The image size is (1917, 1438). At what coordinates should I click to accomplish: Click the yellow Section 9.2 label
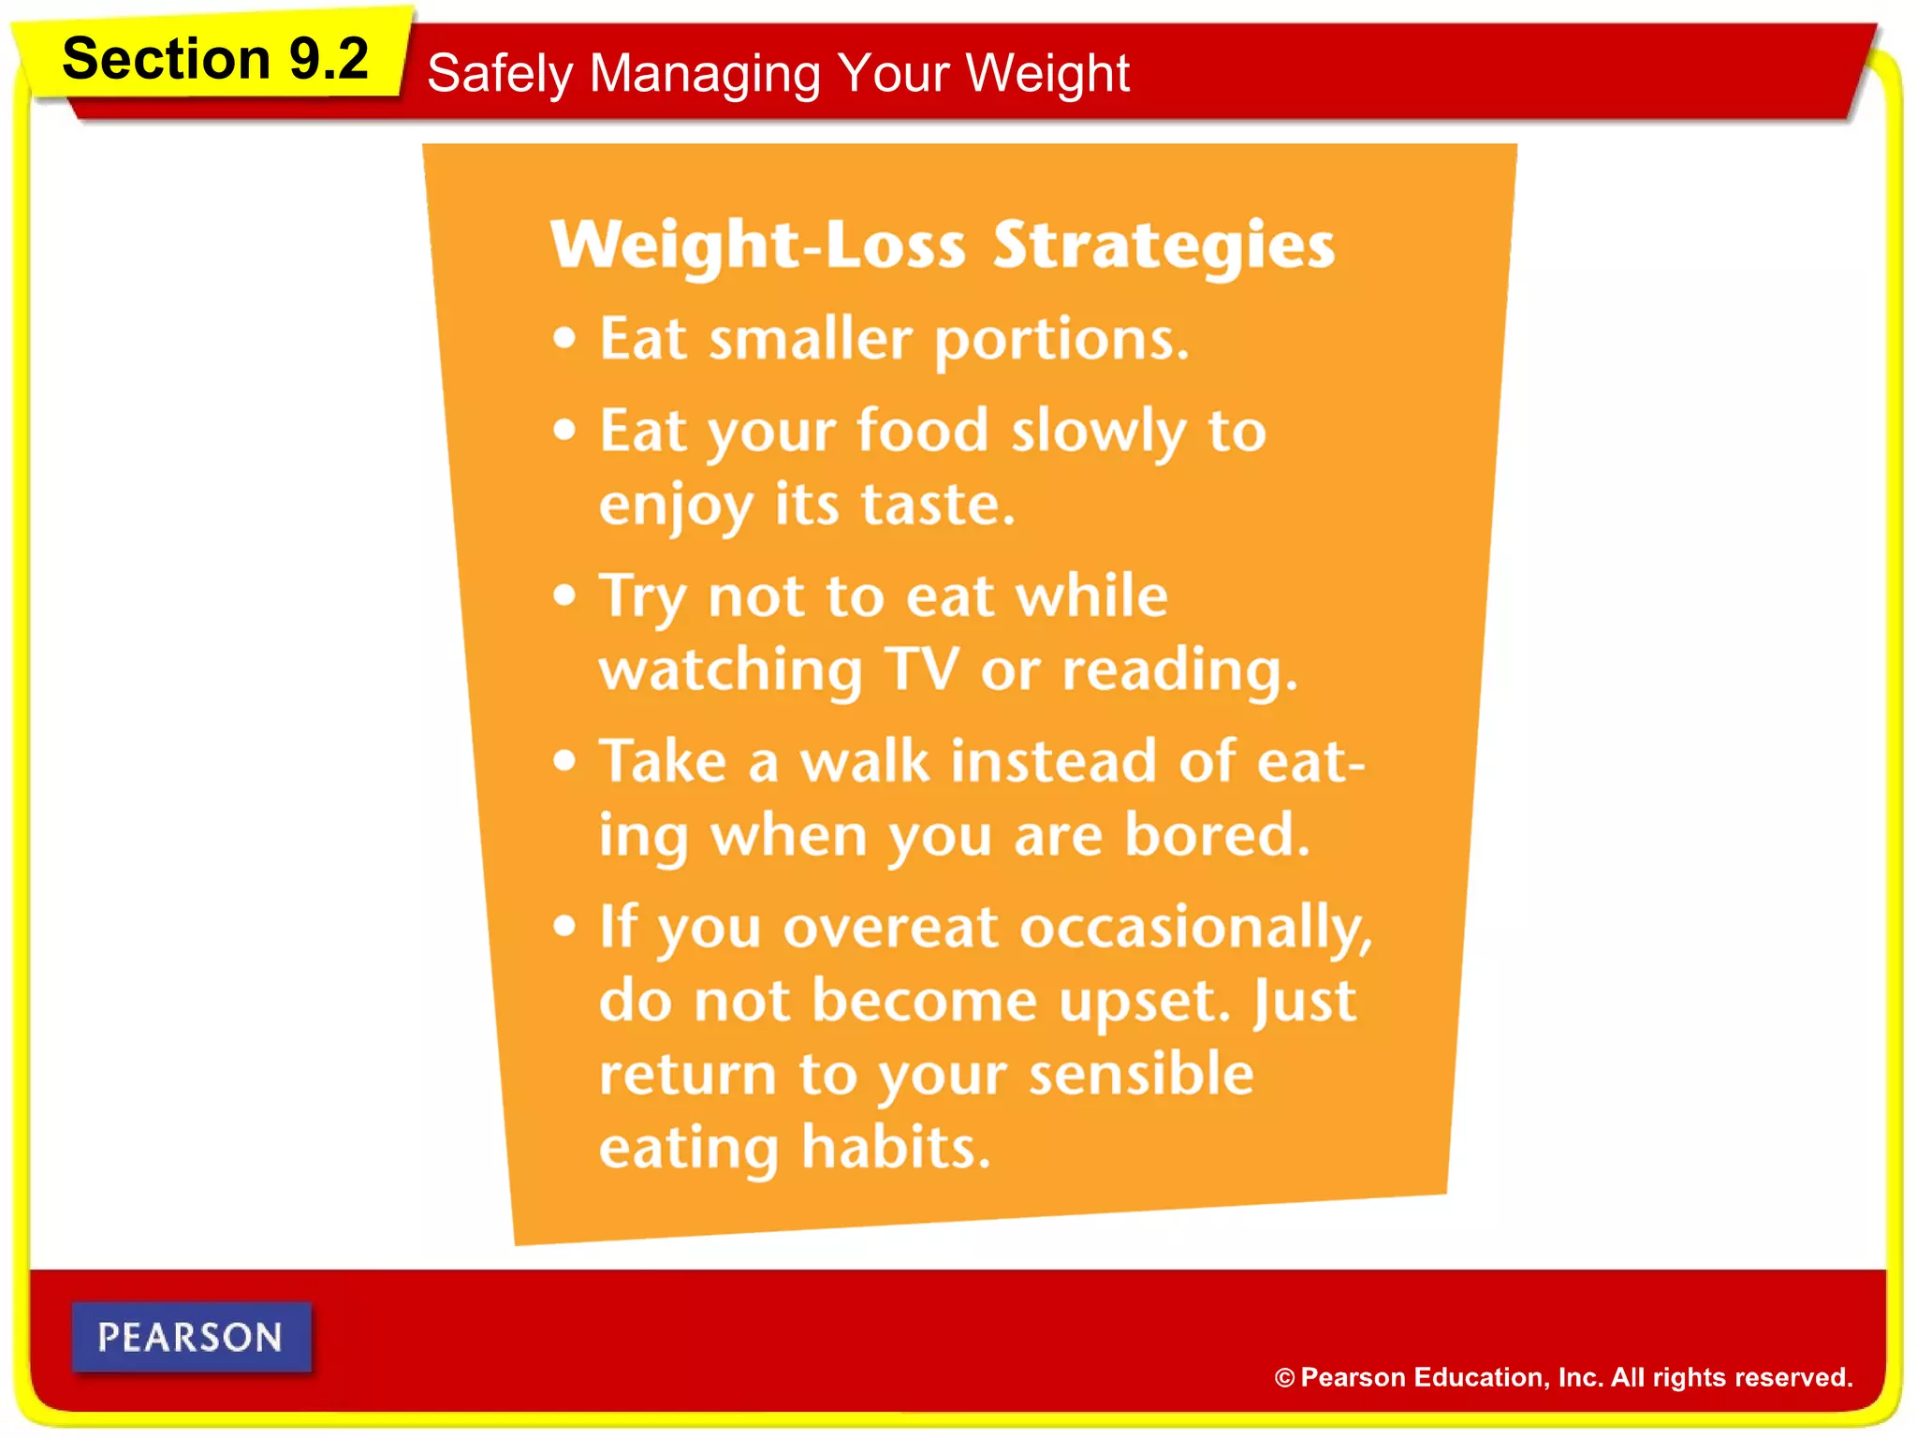coord(214,59)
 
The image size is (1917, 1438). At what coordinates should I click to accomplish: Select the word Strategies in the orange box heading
coord(1163,245)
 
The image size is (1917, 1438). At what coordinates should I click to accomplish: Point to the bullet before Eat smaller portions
coord(563,338)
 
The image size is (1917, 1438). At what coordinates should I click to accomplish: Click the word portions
coord(1061,340)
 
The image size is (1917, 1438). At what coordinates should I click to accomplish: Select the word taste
coord(937,505)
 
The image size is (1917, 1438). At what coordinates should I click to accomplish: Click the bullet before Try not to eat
coord(563,595)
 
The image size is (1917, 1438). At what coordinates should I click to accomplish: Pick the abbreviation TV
coord(922,669)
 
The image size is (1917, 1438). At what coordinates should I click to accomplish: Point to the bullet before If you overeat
coord(563,926)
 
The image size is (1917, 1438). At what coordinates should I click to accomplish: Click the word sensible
coord(1141,1074)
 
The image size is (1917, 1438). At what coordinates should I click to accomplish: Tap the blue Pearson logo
coord(191,1337)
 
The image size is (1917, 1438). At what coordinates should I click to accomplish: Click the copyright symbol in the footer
coord(1284,1378)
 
